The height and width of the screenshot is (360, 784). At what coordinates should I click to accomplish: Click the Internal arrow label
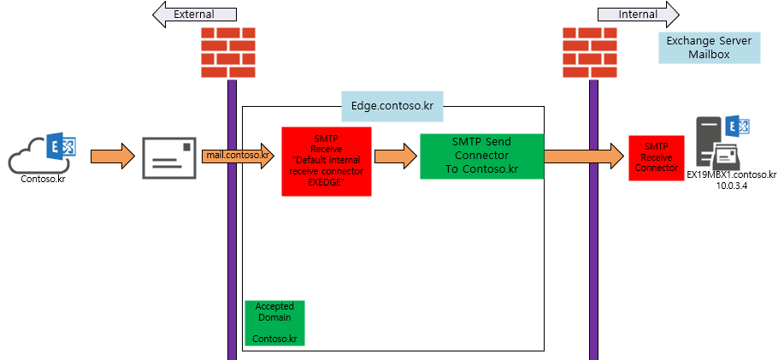638,15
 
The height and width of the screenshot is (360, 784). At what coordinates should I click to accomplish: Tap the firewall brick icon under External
228,52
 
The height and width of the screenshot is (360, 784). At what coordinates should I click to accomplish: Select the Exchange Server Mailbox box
709,48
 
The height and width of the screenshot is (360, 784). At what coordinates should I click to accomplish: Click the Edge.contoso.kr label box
392,106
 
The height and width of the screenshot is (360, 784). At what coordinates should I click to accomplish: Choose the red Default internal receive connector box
326,162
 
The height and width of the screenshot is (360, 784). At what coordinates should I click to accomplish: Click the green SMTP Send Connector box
481,156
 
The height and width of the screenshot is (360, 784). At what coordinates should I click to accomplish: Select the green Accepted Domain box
274,322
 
